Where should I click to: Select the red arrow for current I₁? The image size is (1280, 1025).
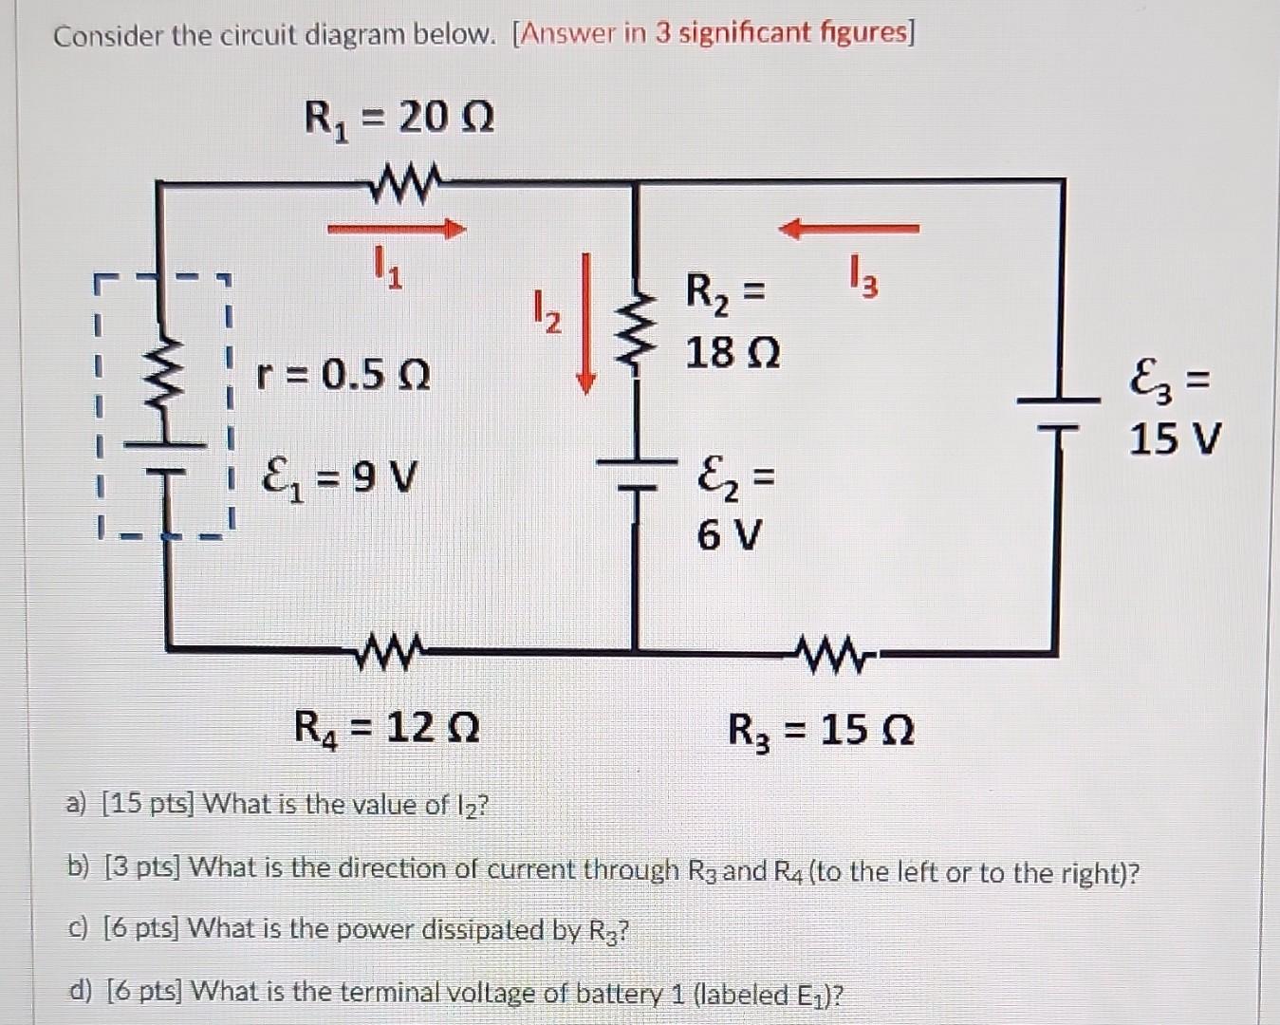point(397,229)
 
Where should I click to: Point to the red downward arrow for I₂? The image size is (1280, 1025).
point(587,323)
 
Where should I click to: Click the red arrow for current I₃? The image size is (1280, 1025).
point(848,228)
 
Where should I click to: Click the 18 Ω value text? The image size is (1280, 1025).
point(733,354)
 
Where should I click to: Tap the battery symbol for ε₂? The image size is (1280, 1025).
point(635,475)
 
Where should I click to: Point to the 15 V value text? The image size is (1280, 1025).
point(1175,439)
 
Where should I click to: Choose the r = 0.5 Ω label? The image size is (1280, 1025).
point(343,376)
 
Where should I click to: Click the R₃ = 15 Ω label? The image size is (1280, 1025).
point(821,731)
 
